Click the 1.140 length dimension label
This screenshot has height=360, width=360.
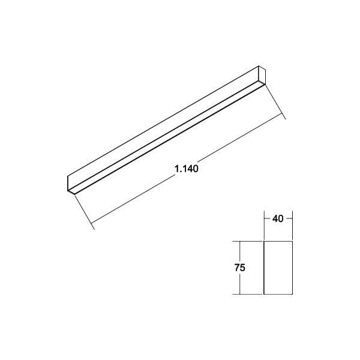click(x=187, y=169)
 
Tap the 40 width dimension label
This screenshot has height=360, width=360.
click(x=278, y=219)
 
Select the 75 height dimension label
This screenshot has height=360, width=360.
click(x=239, y=268)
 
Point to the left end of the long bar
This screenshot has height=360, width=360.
click(x=70, y=183)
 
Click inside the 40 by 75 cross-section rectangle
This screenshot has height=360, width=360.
click(x=278, y=268)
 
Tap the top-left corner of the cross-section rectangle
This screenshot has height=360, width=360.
click(x=265, y=242)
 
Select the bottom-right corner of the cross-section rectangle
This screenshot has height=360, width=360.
click(x=292, y=294)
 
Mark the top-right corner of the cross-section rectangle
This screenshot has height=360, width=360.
click(x=292, y=242)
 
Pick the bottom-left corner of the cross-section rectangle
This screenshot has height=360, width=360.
click(x=265, y=294)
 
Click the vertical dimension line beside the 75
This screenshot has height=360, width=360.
click(x=239, y=282)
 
